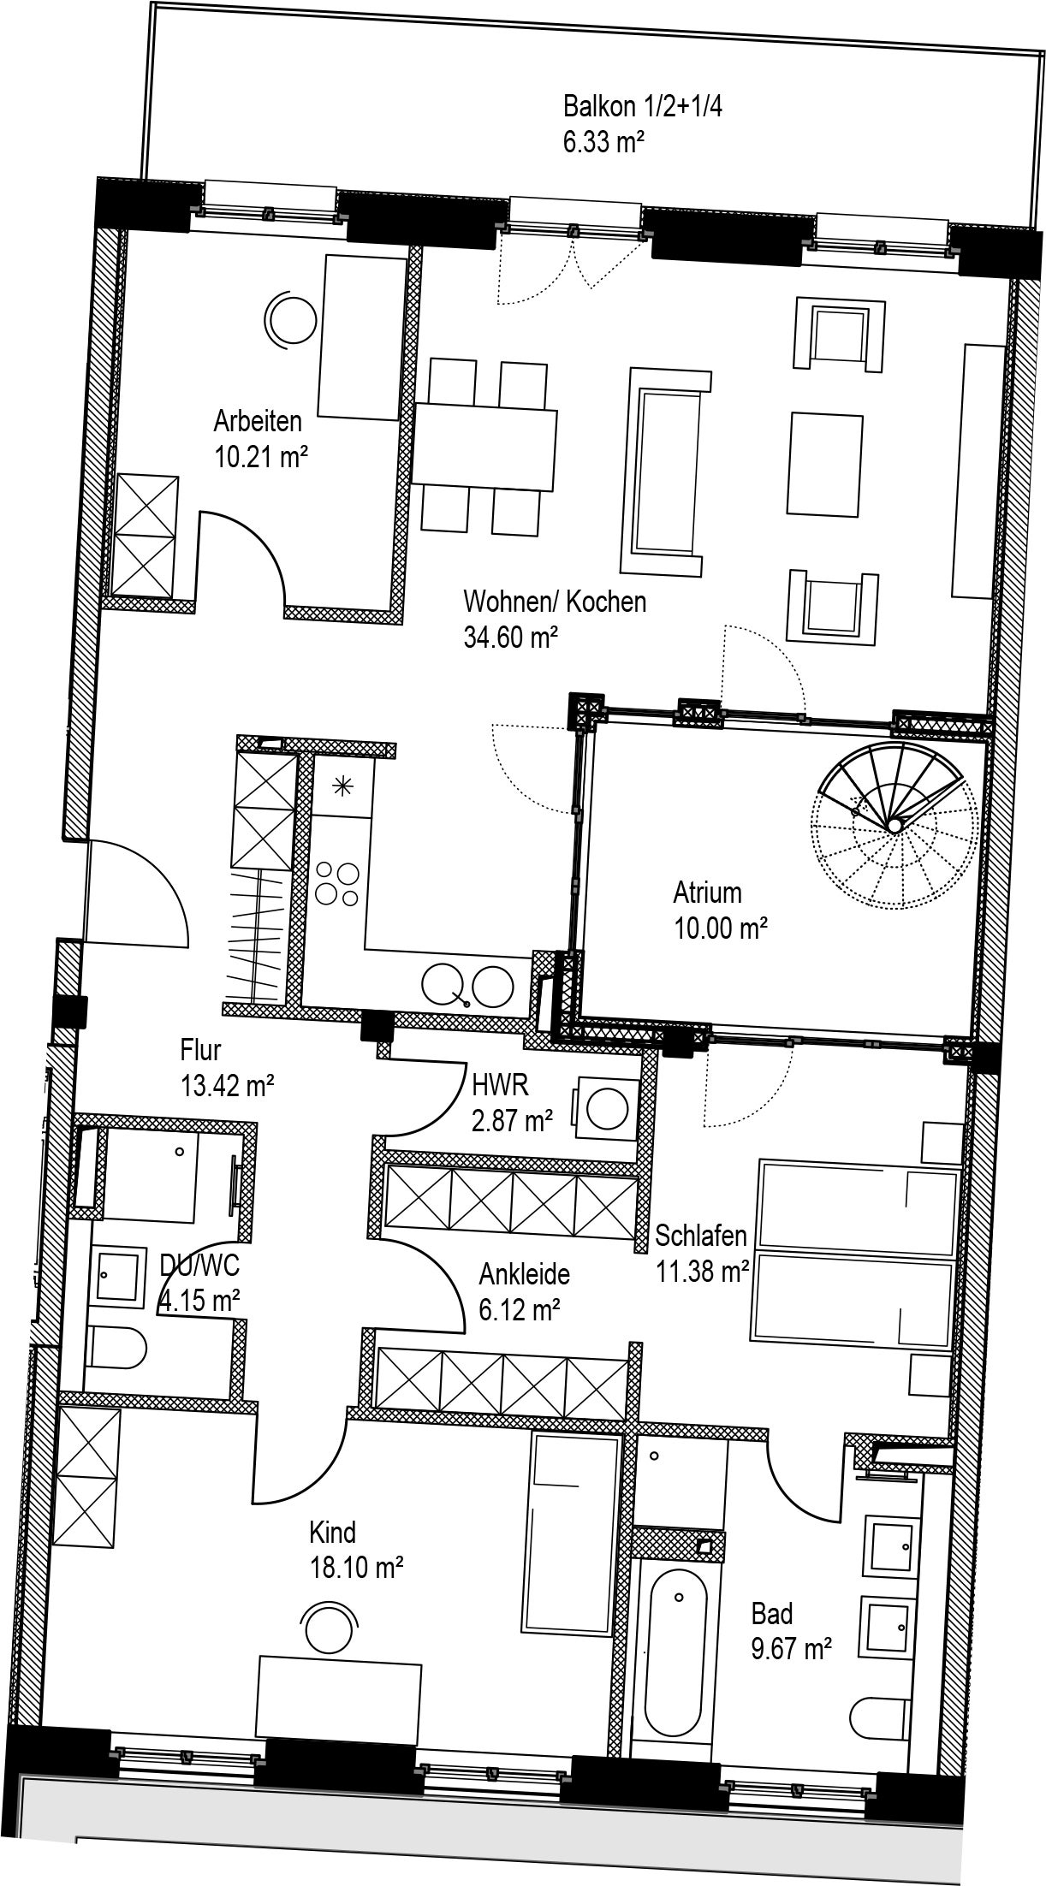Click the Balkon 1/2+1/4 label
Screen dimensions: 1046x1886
(x=643, y=106)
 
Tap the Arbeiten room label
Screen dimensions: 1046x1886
(x=258, y=421)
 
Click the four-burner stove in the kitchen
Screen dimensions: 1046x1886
(x=337, y=883)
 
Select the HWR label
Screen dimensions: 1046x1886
(x=500, y=1085)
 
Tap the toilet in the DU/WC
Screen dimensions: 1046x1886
(x=116, y=1350)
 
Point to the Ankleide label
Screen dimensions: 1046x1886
(x=525, y=1274)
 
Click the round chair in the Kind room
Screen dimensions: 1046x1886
(x=331, y=1624)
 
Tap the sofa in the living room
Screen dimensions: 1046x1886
(x=665, y=471)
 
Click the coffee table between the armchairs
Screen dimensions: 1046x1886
(x=824, y=465)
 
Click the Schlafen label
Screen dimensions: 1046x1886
(x=701, y=1236)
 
